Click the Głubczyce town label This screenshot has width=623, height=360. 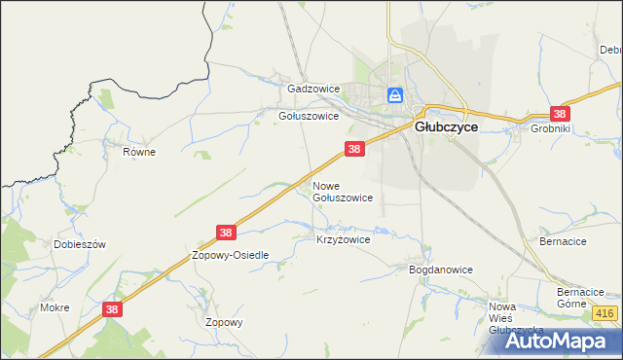pos(445,126)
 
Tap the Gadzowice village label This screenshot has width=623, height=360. pos(312,89)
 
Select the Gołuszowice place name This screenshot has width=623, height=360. pos(309,116)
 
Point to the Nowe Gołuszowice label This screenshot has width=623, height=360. pos(342,191)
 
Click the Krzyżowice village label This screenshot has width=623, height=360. pos(344,238)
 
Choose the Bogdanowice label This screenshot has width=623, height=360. pos(440,270)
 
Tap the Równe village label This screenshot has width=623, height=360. pos(139,152)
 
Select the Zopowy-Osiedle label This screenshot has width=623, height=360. pos(230,255)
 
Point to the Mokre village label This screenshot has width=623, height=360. pos(55,307)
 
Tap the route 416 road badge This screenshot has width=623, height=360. pos(605,313)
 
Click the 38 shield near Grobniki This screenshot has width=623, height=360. pos(559,113)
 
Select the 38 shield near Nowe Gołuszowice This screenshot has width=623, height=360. pos(354,149)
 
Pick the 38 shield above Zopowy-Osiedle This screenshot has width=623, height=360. pos(226,233)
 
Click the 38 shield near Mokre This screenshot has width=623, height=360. pos(113,309)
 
